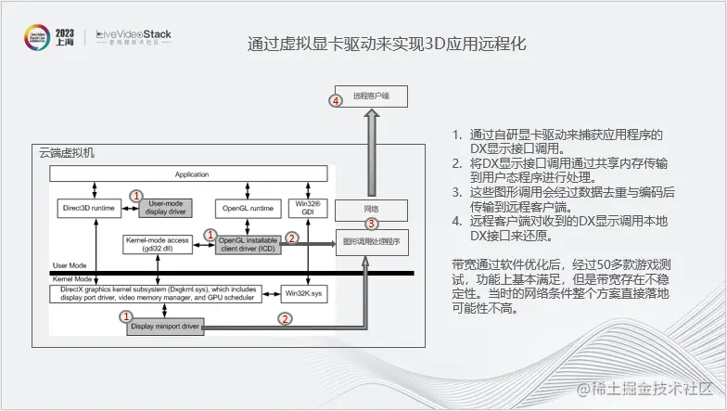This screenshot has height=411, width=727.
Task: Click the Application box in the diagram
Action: point(192,174)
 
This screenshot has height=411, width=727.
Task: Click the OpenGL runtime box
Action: point(245,208)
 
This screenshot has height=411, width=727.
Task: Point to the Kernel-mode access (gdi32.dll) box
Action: point(157,244)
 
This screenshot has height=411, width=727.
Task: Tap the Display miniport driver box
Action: point(164,326)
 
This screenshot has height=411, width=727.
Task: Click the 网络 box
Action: point(370,208)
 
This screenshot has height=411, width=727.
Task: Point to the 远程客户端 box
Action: point(371,96)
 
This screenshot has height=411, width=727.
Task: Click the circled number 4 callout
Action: point(337,100)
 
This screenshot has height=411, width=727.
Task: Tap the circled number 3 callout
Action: point(372,224)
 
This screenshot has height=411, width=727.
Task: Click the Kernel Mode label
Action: point(71,279)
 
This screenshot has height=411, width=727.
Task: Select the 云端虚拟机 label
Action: point(67,152)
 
